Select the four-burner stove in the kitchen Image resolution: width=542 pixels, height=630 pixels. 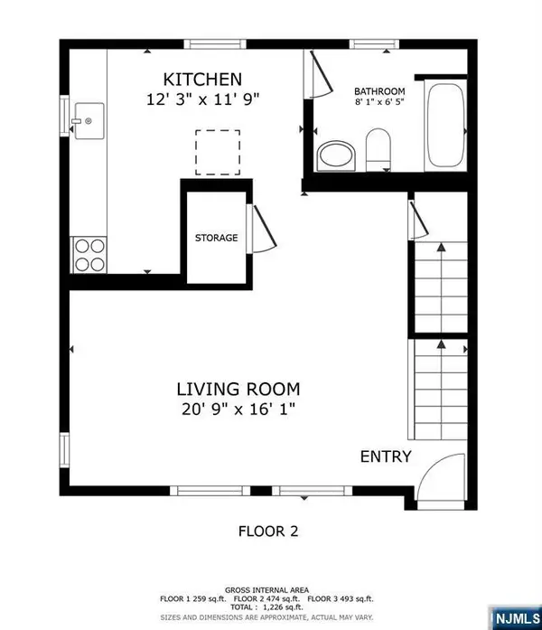pyautogui.click(x=89, y=253)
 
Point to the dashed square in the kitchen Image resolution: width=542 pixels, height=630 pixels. pyautogui.click(x=218, y=152)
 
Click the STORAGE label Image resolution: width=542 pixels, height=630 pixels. pyautogui.click(x=216, y=239)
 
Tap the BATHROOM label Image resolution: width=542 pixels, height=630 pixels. pyautogui.click(x=378, y=92)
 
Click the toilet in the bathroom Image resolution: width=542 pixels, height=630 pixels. pyautogui.click(x=378, y=149)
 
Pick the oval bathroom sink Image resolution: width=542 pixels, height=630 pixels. pyautogui.click(x=337, y=155)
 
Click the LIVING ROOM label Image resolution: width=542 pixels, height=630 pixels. pyautogui.click(x=238, y=390)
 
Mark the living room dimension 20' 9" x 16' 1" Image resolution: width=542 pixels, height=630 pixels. pyautogui.click(x=238, y=409)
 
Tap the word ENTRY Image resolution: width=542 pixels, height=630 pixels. pyautogui.click(x=386, y=456)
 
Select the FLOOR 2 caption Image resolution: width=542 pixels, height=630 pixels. pyautogui.click(x=269, y=531)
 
